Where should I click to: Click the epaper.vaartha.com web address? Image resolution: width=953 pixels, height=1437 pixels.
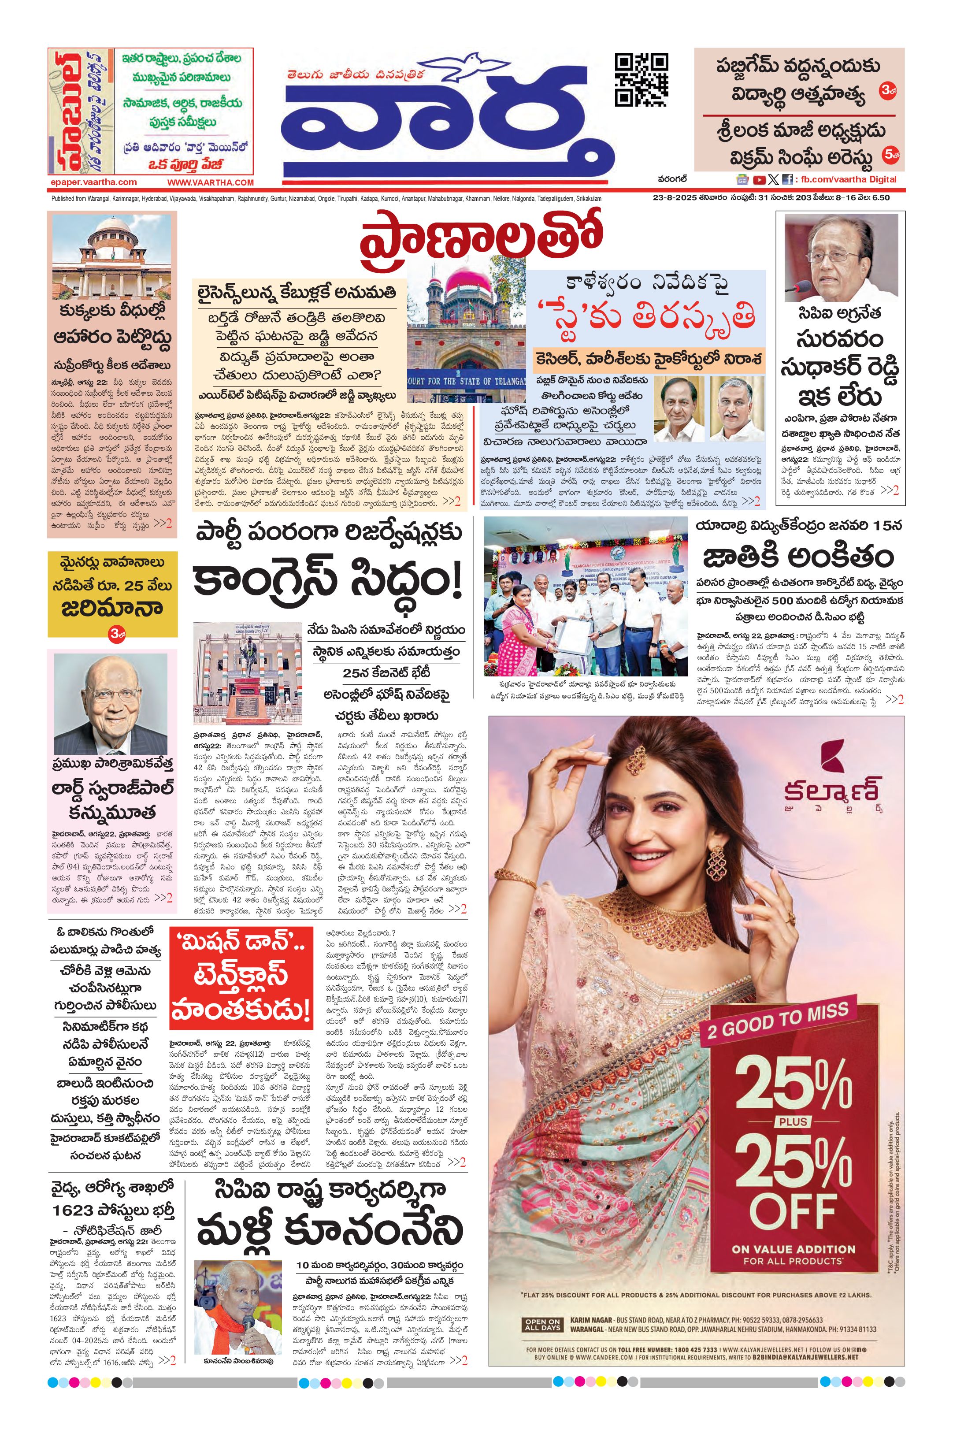(x=93, y=182)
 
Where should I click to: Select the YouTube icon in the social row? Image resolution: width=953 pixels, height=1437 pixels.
(x=759, y=179)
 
